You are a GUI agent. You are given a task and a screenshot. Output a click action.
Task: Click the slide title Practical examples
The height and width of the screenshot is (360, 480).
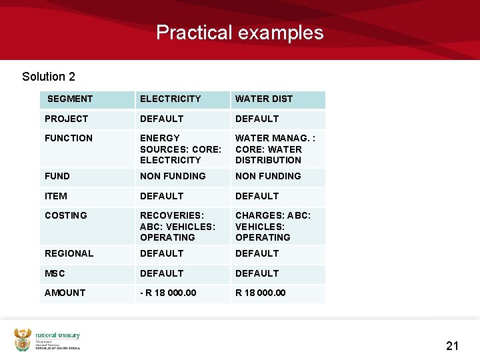(239, 33)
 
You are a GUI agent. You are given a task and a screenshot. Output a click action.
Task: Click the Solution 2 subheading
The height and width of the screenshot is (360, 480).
(49, 77)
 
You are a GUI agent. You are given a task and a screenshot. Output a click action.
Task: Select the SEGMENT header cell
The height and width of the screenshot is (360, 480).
(70, 99)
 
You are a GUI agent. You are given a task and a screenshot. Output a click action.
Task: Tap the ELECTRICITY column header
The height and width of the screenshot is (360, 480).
(170, 99)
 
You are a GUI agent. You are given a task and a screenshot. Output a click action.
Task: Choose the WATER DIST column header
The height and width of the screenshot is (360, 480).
(264, 99)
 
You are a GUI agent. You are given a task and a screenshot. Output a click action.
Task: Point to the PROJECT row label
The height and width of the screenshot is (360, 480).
(66, 119)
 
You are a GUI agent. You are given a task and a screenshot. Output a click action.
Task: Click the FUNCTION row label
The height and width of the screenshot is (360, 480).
(69, 138)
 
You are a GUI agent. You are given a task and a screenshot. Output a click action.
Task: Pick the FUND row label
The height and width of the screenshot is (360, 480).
(57, 176)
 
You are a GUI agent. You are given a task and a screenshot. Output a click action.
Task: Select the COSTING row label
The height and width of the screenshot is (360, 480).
(66, 215)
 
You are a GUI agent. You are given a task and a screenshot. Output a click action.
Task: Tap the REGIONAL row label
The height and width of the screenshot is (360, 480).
(69, 253)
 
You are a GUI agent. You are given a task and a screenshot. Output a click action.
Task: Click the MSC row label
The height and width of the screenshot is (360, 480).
(55, 273)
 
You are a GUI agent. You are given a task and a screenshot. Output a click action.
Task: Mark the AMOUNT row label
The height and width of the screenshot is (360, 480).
(65, 293)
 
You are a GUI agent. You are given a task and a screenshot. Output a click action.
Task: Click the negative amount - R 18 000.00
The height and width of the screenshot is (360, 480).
(168, 293)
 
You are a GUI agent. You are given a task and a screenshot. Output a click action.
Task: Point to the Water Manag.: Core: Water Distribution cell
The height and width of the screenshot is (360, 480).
(275, 149)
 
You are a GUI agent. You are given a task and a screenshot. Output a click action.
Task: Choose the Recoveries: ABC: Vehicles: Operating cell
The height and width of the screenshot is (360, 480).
(177, 226)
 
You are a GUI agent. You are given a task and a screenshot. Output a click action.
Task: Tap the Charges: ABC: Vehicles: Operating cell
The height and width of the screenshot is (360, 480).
(273, 226)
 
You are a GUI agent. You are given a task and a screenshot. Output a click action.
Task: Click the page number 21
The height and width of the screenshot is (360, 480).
(453, 345)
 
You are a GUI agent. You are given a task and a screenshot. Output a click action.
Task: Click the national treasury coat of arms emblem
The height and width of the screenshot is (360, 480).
(23, 340)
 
